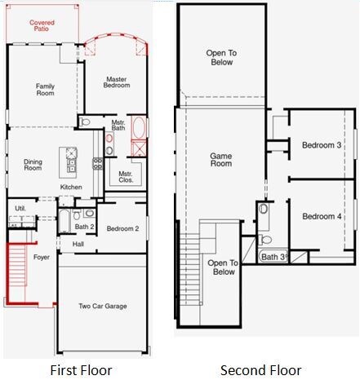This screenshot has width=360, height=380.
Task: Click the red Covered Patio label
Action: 42,25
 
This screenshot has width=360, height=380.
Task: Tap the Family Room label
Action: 46,90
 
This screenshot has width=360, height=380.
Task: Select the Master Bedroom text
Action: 117,82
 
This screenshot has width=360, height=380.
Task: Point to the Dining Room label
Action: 33,165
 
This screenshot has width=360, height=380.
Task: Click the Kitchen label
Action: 71,187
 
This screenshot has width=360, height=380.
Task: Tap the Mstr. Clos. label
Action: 126,177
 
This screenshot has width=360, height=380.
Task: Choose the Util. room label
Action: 20,209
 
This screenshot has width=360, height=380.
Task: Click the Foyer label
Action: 42,257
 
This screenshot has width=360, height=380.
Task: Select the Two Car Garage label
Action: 103,306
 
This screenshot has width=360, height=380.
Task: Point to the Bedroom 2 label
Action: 122,228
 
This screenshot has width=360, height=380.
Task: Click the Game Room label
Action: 221,160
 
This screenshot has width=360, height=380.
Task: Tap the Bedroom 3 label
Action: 322,145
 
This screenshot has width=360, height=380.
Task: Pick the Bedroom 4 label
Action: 322,216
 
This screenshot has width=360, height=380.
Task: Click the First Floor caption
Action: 81,370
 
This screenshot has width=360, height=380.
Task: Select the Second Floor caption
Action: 260,370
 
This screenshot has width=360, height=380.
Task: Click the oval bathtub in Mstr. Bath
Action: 139,127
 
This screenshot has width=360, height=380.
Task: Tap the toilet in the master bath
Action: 85,122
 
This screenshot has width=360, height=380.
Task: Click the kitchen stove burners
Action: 98,163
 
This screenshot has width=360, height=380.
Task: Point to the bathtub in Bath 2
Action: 64,221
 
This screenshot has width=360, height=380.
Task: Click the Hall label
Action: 78,244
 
